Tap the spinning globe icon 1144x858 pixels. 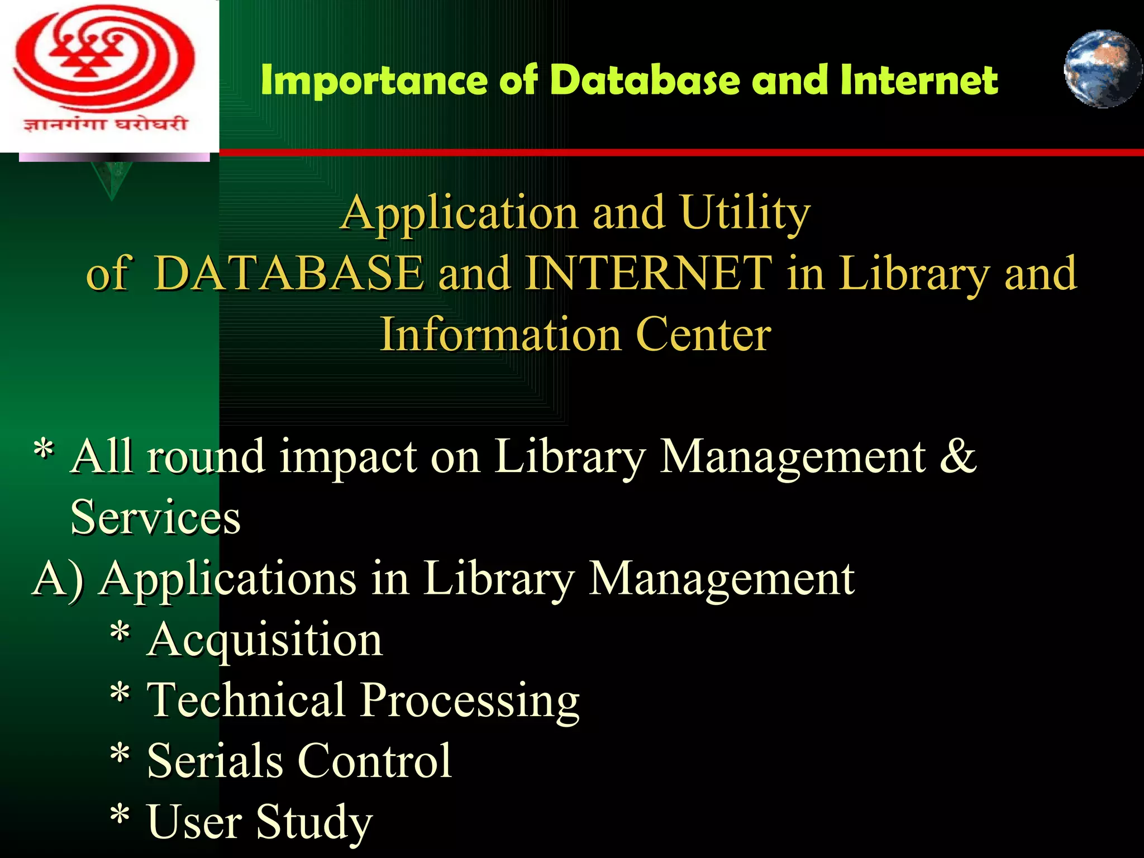[1102, 69]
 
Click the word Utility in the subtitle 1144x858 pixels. [746, 213]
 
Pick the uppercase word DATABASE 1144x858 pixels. [288, 273]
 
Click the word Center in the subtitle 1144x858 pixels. [703, 335]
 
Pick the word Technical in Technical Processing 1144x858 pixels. [246, 700]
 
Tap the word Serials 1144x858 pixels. [215, 761]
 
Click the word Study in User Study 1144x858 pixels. [314, 822]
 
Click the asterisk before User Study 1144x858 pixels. [120, 817]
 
